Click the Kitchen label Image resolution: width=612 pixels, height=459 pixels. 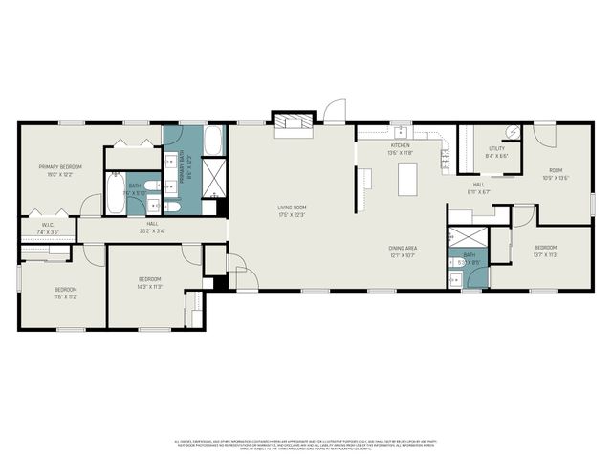399,145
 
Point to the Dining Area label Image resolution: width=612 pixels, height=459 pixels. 403,248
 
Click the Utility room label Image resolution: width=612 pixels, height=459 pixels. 496,148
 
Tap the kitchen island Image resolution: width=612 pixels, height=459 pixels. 408,179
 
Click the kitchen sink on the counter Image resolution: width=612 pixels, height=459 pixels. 401,134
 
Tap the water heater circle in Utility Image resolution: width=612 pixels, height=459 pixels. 512,133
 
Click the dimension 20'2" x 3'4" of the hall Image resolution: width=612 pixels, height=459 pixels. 152,230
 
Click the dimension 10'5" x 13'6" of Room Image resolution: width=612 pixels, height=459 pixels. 556,178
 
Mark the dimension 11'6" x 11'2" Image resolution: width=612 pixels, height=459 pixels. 65,296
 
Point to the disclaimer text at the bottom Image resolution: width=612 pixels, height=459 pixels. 306,445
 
